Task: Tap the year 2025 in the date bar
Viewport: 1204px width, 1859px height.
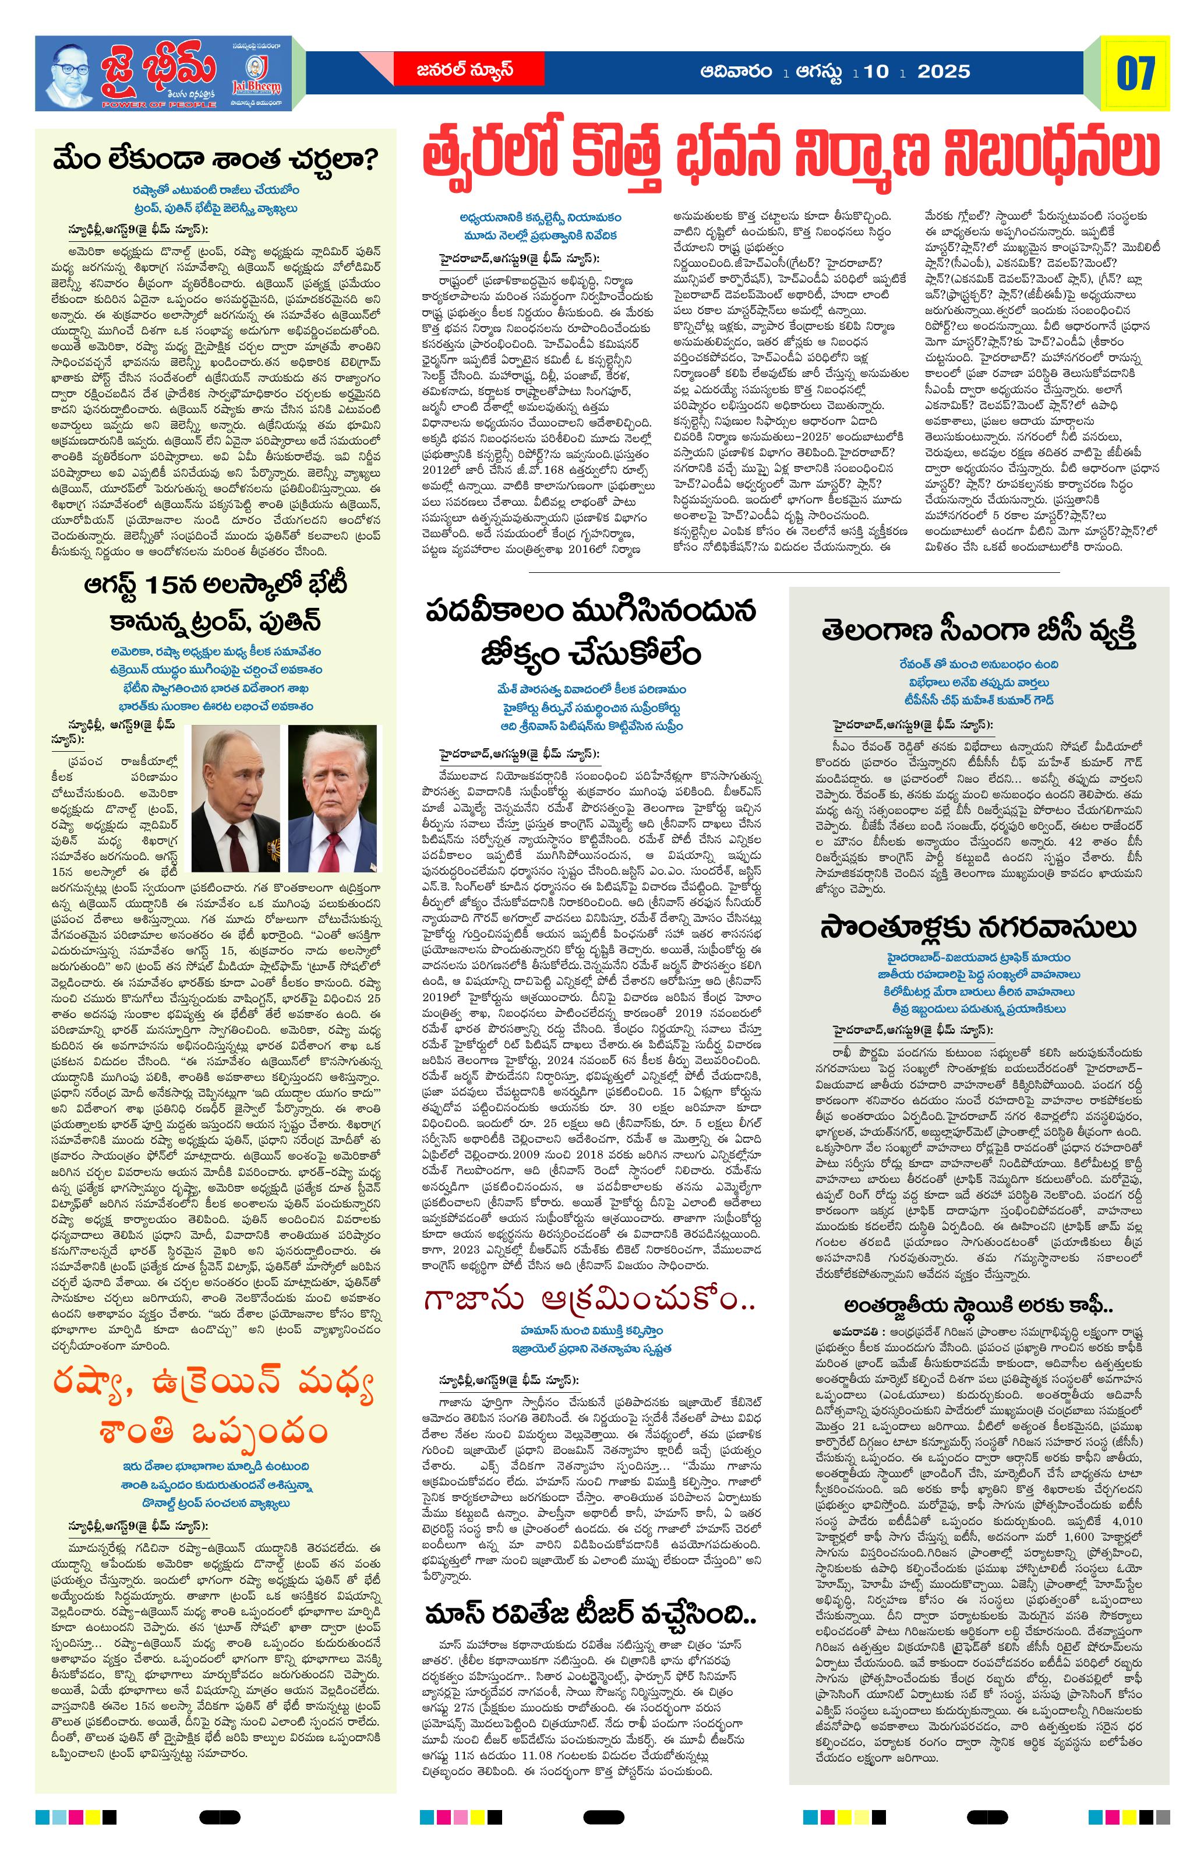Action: tap(943, 72)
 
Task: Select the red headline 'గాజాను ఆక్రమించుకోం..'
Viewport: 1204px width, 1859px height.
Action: tap(589, 1301)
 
